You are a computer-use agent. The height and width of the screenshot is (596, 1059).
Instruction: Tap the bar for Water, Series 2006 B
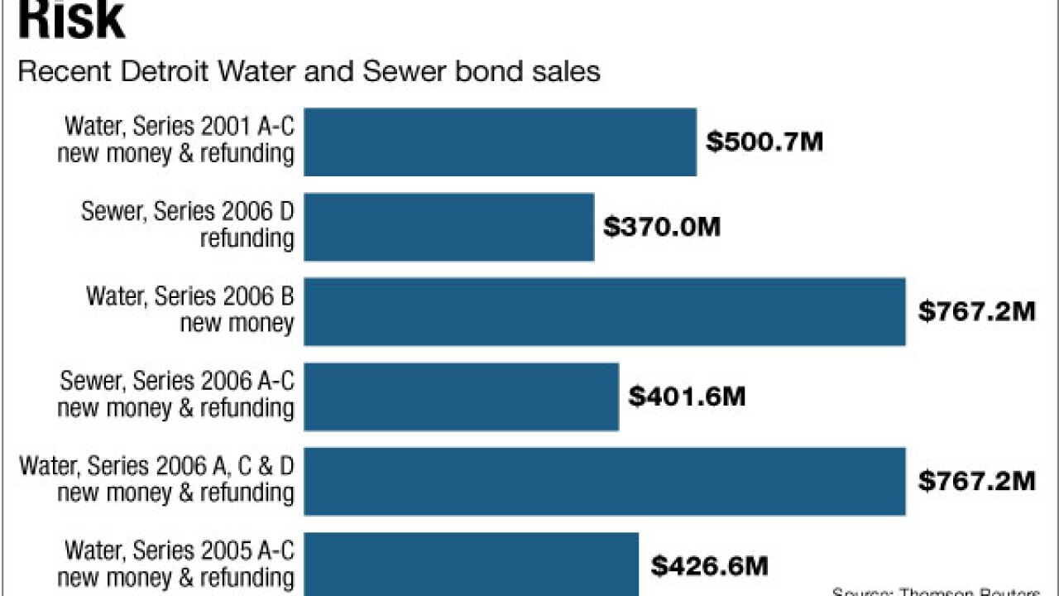tap(604, 311)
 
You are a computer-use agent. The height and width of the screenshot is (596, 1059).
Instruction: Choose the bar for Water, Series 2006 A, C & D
tap(604, 481)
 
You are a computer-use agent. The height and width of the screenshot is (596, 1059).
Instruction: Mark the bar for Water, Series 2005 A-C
tap(471, 564)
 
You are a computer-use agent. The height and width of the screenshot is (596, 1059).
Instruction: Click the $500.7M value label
tap(764, 142)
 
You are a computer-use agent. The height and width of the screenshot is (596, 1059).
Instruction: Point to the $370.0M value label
tap(662, 227)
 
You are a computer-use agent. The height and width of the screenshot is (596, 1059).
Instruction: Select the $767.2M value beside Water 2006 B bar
tap(977, 311)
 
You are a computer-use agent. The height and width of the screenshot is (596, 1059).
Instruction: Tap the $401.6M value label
tap(687, 397)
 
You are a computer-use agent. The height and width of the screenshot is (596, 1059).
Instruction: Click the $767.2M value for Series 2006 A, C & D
tap(977, 481)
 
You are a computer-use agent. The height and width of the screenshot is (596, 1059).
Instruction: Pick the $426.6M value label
tap(709, 566)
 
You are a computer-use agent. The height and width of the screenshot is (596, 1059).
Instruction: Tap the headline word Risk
tap(71, 21)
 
